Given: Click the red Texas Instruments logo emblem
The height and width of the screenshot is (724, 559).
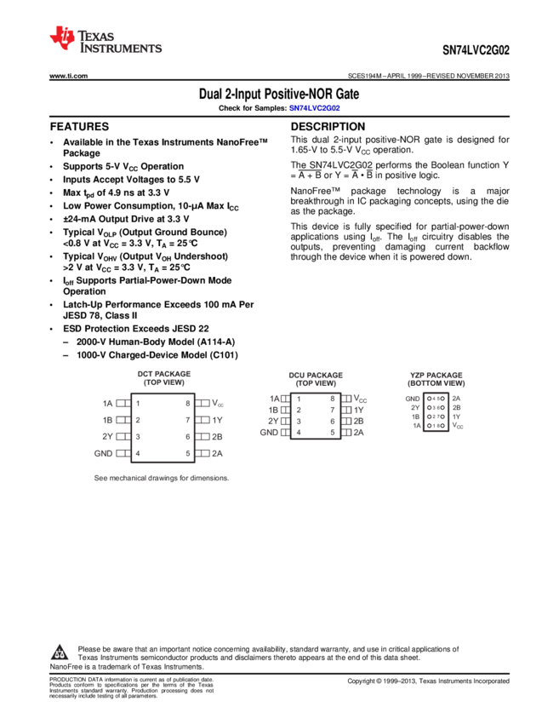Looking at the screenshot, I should click(x=62, y=37).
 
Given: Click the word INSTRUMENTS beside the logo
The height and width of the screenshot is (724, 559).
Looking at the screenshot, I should click(x=121, y=50).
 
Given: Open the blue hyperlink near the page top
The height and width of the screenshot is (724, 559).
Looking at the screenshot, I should click(x=314, y=108).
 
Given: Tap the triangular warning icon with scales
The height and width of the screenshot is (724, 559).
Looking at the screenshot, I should click(x=60, y=653).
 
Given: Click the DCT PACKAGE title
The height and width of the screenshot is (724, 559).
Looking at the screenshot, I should click(x=164, y=374).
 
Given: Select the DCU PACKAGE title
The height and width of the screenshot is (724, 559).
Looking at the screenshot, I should click(x=316, y=375).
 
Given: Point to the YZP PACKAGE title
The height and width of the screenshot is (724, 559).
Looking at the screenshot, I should click(x=436, y=375).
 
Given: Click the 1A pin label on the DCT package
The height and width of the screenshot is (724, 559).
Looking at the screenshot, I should click(x=107, y=403).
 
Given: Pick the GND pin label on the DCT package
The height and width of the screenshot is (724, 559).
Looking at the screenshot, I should click(x=103, y=453).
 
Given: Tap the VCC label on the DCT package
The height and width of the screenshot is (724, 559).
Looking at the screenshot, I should click(x=218, y=403).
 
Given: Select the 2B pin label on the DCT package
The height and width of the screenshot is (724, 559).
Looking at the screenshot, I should click(x=217, y=436).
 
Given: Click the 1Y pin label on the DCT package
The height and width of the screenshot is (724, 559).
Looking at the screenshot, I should click(x=217, y=420).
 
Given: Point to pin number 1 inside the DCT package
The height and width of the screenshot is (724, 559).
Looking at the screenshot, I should click(x=138, y=403).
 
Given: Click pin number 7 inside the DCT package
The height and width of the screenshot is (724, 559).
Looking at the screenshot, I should click(x=187, y=420).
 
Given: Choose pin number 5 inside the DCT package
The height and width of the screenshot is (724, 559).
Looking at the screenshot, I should click(x=187, y=453).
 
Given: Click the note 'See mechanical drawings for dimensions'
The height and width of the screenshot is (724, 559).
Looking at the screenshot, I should click(x=162, y=479).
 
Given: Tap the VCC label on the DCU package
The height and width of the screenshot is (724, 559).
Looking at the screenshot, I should click(x=360, y=399).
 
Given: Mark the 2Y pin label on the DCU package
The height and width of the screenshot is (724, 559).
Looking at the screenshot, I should click(x=273, y=421).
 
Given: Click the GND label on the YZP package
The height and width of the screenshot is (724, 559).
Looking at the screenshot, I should click(x=413, y=399).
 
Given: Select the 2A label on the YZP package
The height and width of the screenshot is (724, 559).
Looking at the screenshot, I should click(x=457, y=399).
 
